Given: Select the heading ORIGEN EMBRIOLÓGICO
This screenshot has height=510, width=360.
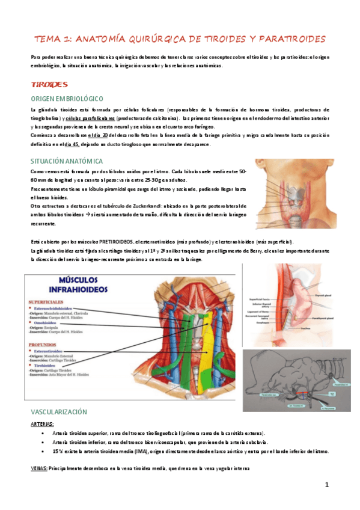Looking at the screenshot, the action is (67, 98).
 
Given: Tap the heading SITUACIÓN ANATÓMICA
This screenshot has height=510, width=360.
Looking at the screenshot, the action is (66, 161).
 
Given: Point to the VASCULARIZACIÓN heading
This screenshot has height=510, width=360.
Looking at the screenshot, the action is (58, 412).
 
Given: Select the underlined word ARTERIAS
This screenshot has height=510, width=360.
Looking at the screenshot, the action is (41, 424).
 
